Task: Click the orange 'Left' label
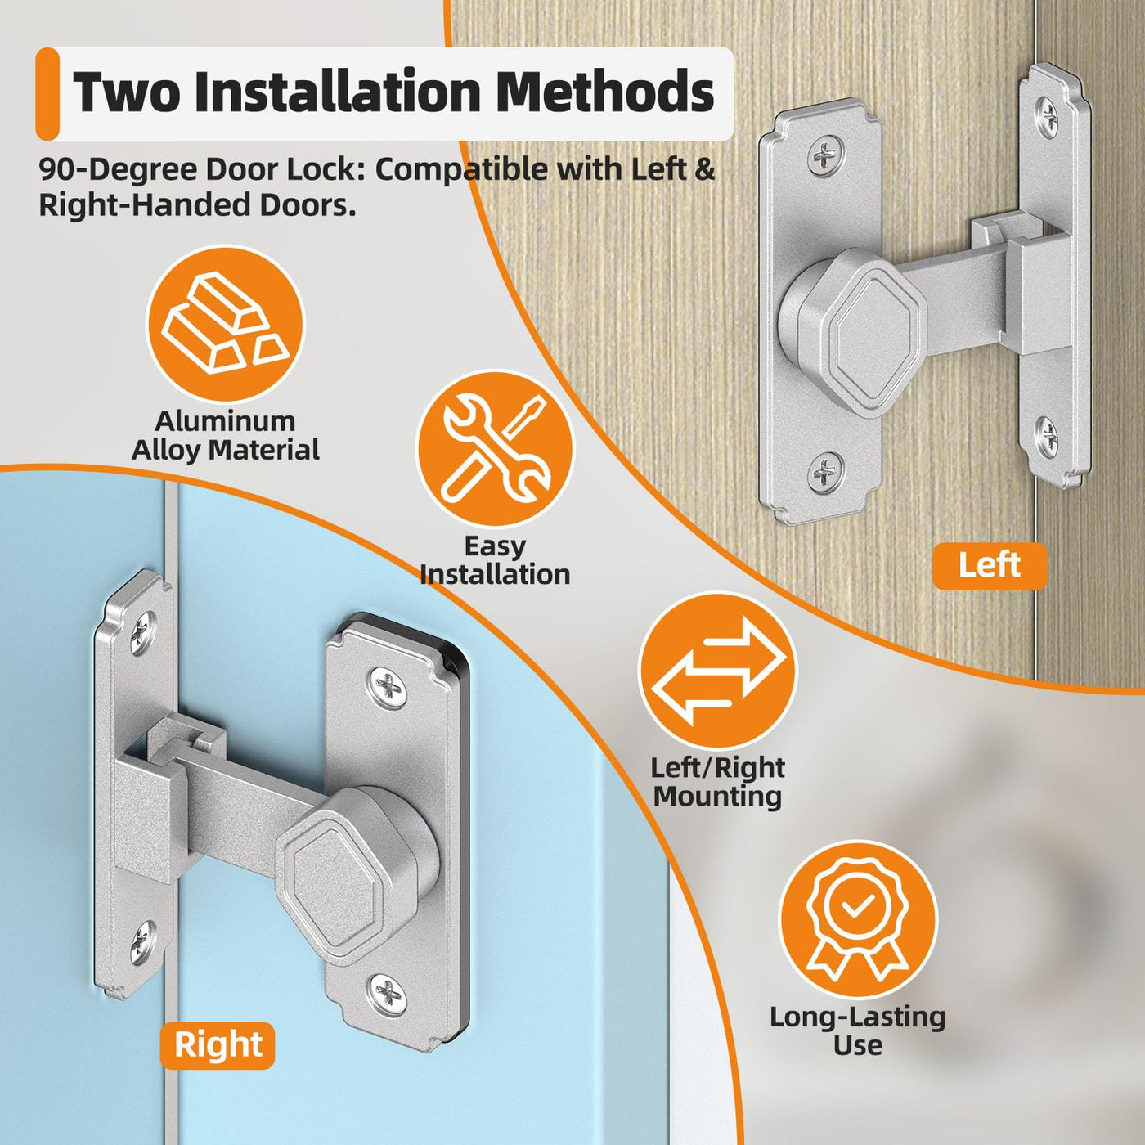click(x=989, y=565)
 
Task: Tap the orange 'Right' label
click(x=218, y=1044)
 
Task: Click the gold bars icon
click(x=226, y=324)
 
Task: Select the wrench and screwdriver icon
click(x=494, y=449)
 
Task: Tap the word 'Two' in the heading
click(x=125, y=92)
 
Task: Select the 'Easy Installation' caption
click(x=495, y=559)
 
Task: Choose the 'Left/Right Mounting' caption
click(x=717, y=781)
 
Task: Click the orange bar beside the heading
click(x=47, y=94)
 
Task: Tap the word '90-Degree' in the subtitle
click(x=115, y=171)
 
